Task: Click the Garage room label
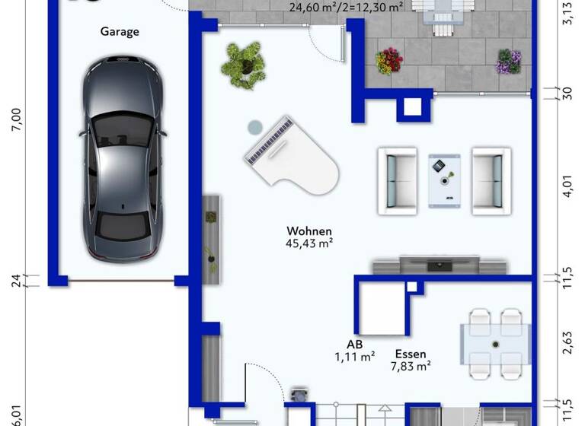[x=120, y=32]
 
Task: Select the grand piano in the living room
[x=292, y=157]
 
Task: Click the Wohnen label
[x=309, y=230]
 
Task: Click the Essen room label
[x=411, y=354]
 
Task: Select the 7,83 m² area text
[x=411, y=367]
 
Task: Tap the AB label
[x=354, y=343]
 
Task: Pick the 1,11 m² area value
[x=354, y=356]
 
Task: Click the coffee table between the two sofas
[x=443, y=180]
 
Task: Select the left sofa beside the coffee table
[x=398, y=178]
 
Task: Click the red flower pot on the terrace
[x=389, y=61]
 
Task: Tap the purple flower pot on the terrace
[x=508, y=61]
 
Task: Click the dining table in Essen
[x=496, y=345]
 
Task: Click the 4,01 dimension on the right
[x=566, y=187]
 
